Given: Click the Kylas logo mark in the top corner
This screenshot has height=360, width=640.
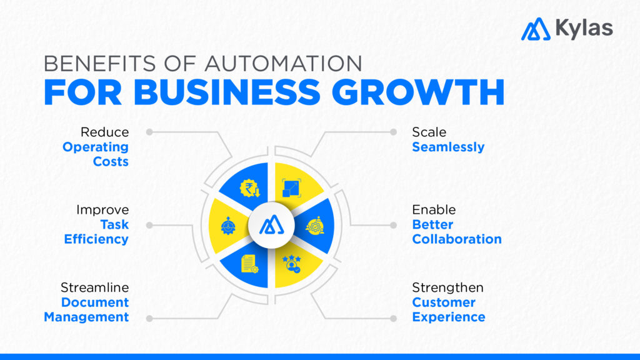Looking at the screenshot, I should tap(536, 29).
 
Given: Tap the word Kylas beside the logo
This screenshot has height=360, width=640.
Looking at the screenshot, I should tap(583, 28).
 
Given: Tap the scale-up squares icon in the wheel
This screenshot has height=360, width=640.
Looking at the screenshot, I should tap(291, 187).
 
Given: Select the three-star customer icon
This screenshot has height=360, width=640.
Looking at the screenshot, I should tap(291, 263).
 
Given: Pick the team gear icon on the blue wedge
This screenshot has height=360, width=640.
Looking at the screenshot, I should tap(314, 226).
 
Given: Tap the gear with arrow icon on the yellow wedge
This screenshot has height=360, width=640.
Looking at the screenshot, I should tap(229, 226).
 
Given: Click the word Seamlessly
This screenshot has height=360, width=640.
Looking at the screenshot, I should tap(448, 147).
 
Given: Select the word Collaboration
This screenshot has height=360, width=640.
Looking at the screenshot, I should tap(457, 239).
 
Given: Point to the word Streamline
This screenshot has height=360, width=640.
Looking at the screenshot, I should tap(95, 287).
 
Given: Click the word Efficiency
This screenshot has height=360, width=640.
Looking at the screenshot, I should tap(96, 239).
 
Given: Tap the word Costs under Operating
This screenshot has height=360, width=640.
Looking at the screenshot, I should tap(111, 162).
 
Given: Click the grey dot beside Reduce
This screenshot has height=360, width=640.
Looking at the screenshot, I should tap(149, 132).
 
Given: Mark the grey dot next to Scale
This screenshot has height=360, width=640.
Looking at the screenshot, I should tap(393, 132).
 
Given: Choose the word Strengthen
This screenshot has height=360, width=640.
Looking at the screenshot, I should tap(447, 287).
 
